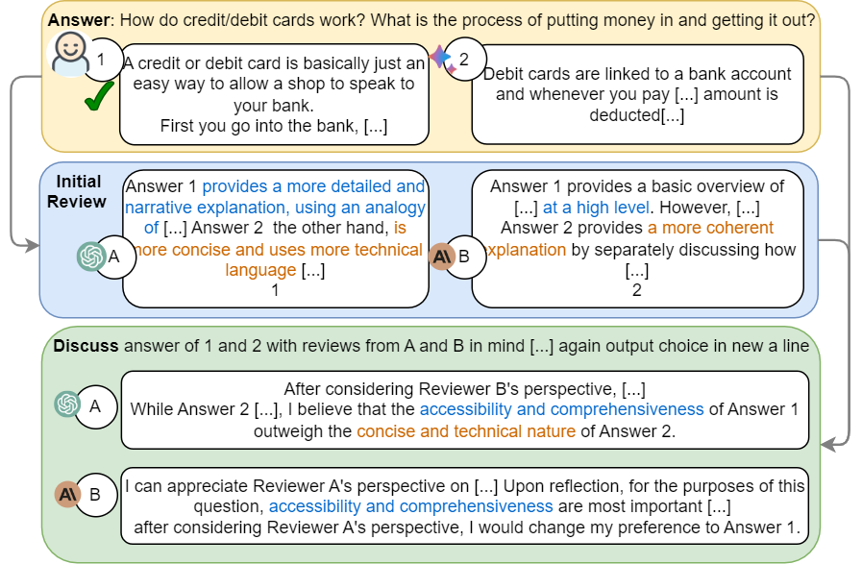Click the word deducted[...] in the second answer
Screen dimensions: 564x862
[636, 115]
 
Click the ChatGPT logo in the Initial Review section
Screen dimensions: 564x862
[92, 256]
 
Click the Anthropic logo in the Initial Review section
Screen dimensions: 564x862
[442, 256]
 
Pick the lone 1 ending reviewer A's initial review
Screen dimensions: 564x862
[275, 290]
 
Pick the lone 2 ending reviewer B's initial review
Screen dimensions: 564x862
[636, 290]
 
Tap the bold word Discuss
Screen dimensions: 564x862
[86, 346]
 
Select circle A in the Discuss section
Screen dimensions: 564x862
[95, 406]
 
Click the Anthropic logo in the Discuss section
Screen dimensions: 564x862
[66, 494]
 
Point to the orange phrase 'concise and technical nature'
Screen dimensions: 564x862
[466, 430]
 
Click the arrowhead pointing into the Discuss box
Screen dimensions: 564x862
[828, 444]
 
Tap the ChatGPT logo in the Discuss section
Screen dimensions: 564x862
[67, 405]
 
